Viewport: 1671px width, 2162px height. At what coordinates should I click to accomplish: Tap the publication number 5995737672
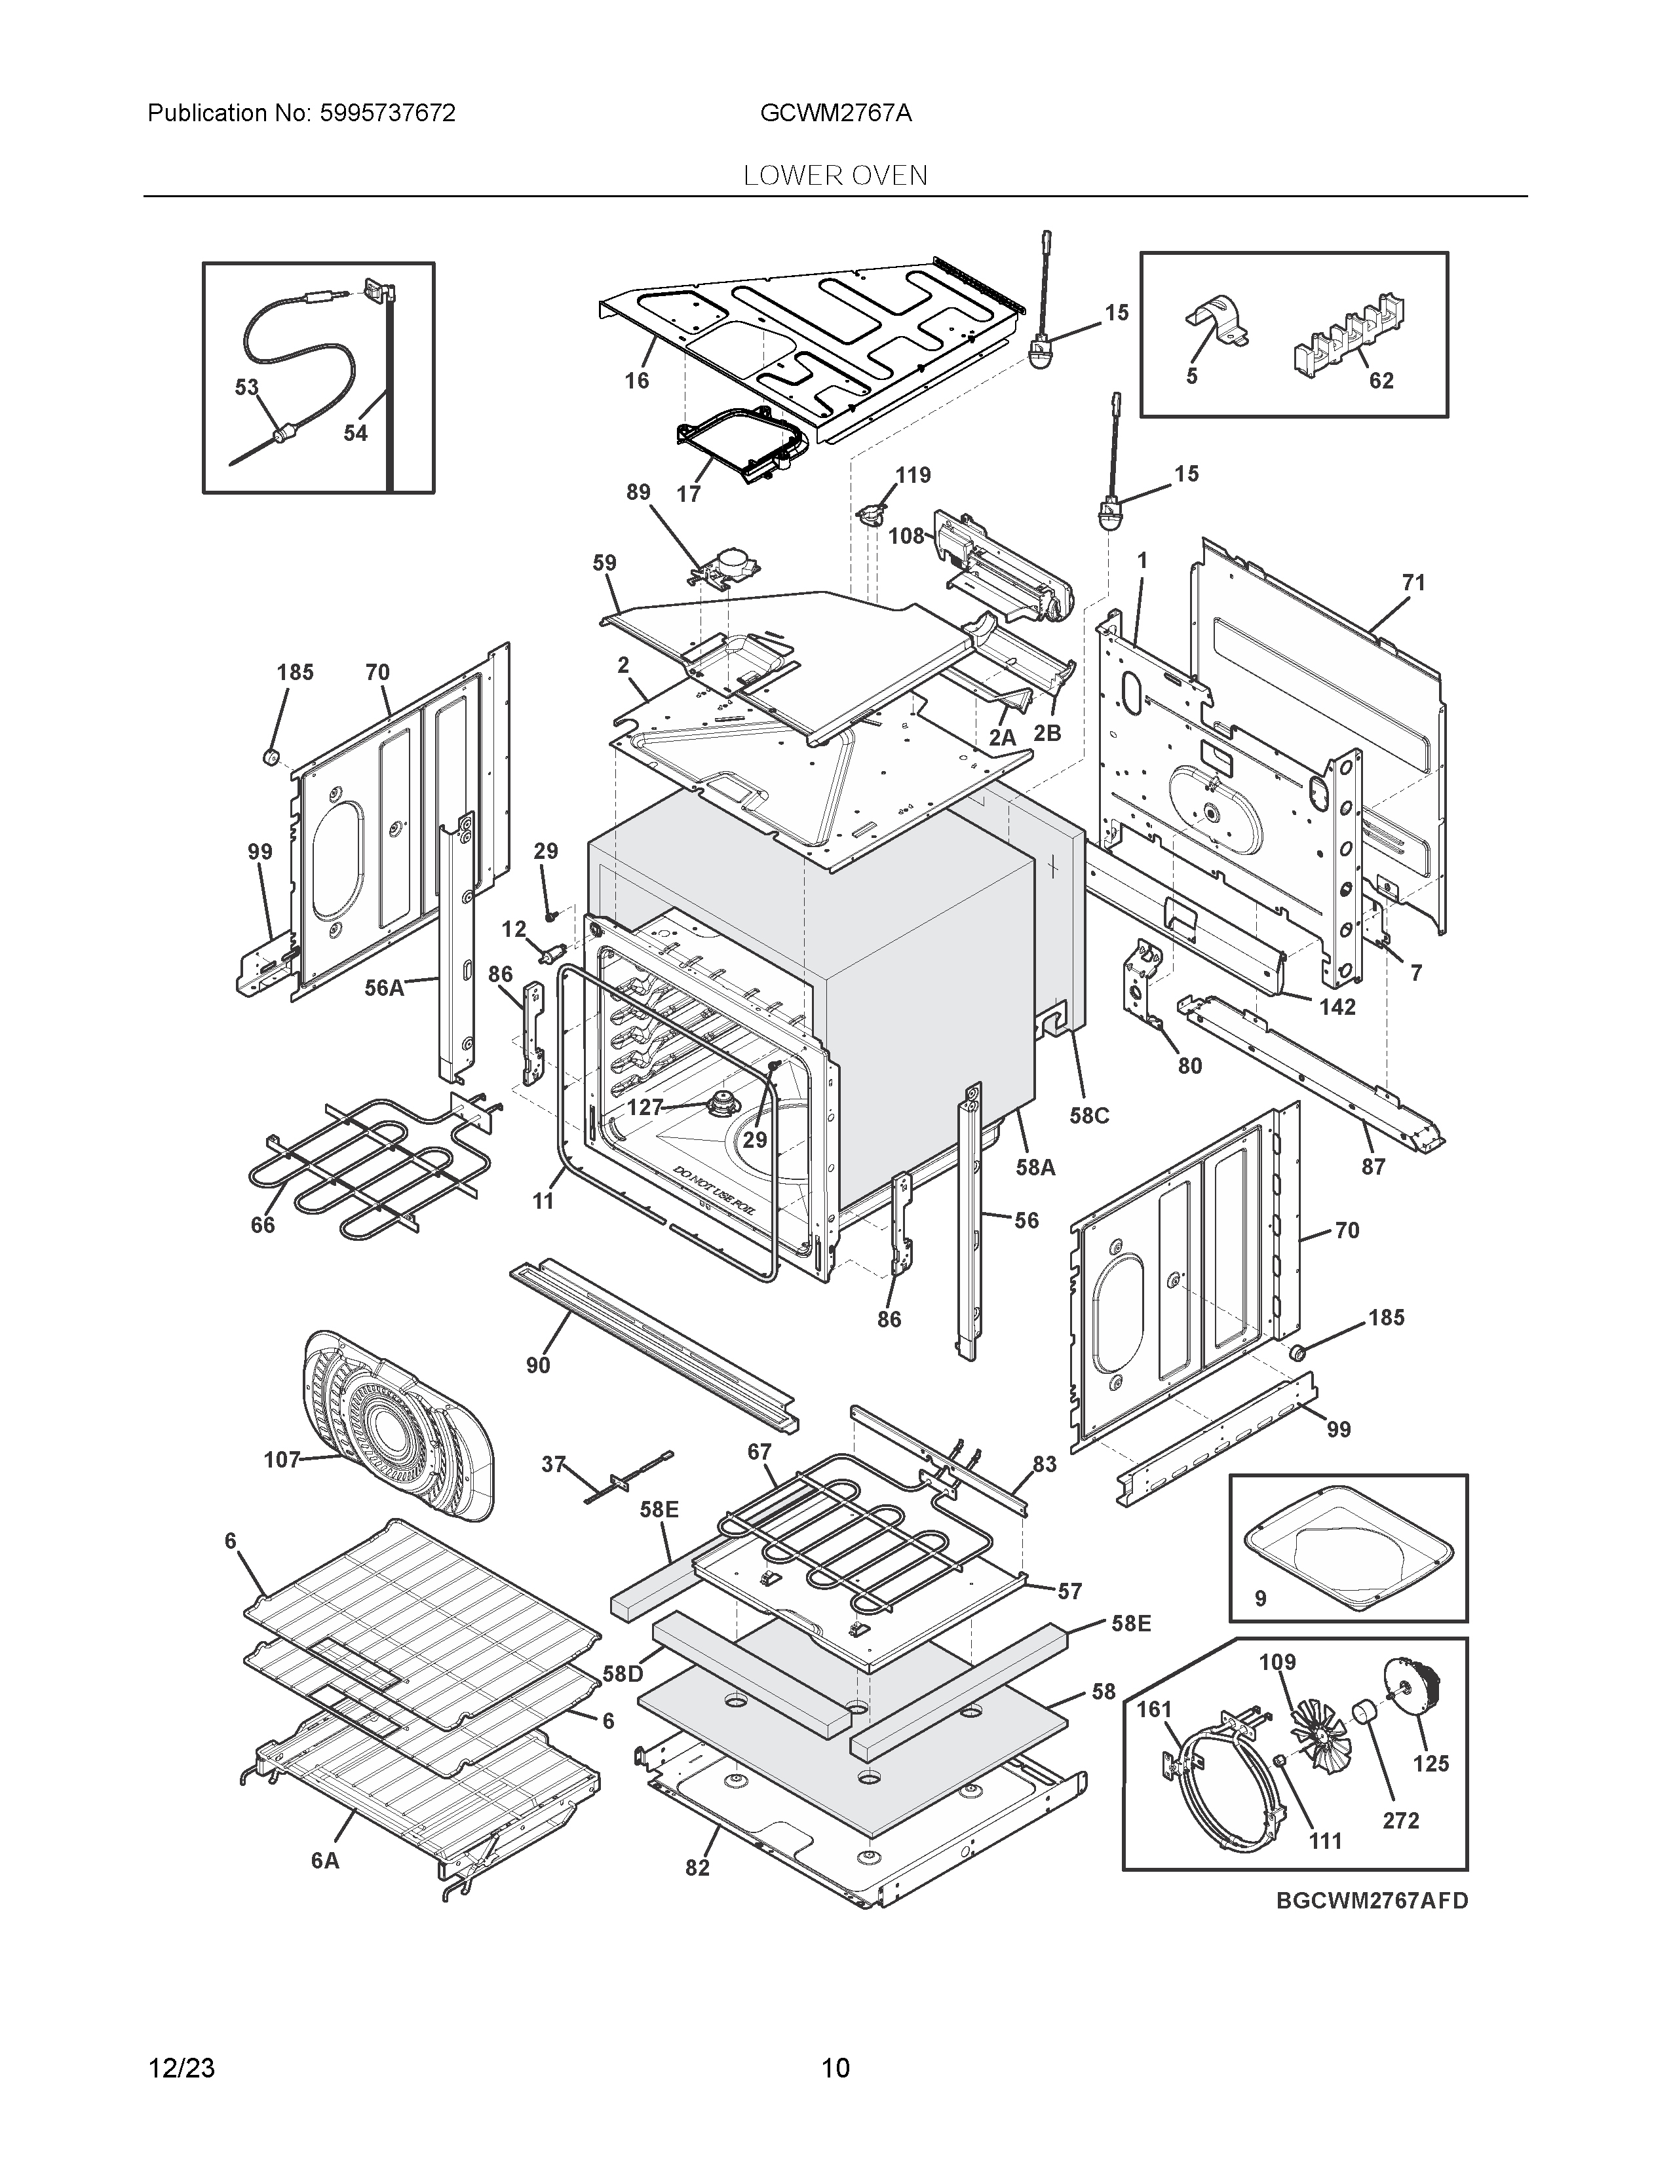point(387,113)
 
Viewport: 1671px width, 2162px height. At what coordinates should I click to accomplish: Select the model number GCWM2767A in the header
point(835,113)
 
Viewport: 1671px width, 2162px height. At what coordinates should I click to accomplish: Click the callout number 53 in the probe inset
point(246,387)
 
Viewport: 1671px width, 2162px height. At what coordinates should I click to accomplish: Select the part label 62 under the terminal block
point(1381,380)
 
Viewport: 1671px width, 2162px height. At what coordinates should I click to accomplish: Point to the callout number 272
point(1401,1821)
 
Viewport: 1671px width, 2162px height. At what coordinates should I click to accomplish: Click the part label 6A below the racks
point(324,1861)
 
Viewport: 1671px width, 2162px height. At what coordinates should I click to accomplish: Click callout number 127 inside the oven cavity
point(644,1107)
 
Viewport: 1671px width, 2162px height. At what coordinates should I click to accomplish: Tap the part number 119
point(913,475)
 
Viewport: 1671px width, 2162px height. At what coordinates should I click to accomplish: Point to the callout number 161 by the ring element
point(1153,1709)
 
